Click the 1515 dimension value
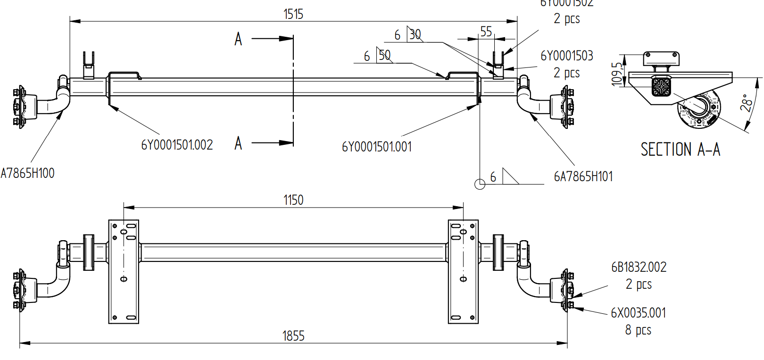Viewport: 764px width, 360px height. tap(293, 14)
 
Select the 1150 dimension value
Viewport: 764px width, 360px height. tap(293, 200)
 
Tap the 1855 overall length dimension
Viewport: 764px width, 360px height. tap(293, 336)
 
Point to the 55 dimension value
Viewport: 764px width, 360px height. tap(486, 32)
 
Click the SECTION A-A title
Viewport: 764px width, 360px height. tap(680, 150)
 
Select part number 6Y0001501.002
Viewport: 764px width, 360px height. tap(177, 145)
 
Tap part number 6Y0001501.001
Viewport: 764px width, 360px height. tap(376, 147)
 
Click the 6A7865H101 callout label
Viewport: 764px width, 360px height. tap(583, 176)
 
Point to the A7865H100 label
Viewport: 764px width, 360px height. tap(27, 173)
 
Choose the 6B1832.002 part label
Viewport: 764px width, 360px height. tap(639, 267)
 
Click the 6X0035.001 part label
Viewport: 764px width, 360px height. tap(638, 313)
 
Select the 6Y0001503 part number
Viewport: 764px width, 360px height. tap(566, 56)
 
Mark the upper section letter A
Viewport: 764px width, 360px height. tap(238, 39)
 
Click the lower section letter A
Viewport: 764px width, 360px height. tap(238, 143)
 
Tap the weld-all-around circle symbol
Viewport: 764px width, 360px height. tap(480, 184)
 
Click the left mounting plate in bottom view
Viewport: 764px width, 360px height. tap(124, 271)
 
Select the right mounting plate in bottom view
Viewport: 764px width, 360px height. tap(463, 271)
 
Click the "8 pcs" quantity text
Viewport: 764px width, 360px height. tap(638, 330)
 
